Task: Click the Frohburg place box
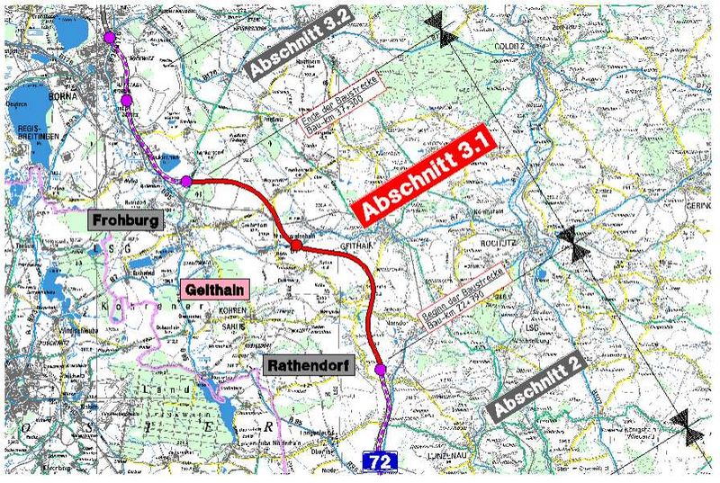point(124,219)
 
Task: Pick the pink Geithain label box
point(214,290)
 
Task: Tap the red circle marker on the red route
point(296,246)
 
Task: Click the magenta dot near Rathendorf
point(380,370)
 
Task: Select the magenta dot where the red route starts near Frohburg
point(186,182)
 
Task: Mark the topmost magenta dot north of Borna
point(110,38)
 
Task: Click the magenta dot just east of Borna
point(127,100)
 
